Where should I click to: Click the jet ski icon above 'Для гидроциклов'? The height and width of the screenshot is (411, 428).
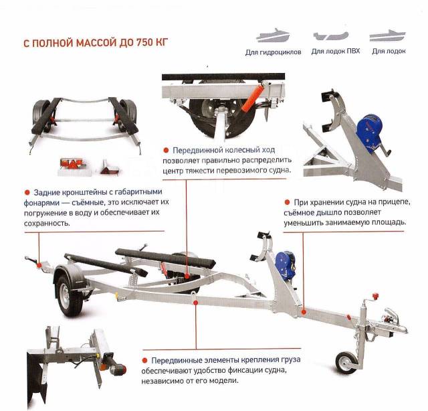273,35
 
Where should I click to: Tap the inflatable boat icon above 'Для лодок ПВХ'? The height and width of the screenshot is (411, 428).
331,35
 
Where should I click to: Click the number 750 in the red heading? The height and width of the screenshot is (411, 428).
145,43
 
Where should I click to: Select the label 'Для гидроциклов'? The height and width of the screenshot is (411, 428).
274,52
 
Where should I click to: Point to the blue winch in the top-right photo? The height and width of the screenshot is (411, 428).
369,133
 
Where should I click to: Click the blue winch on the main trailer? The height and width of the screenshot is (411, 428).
286,264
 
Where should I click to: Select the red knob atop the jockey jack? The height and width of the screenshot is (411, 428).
375,296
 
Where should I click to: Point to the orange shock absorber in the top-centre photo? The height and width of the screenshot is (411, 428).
253,98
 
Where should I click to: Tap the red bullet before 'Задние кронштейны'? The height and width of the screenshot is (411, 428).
27,192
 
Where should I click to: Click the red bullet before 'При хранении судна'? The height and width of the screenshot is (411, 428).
287,202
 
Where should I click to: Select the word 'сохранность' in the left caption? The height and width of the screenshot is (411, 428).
47,224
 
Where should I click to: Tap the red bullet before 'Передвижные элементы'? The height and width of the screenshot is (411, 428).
144,360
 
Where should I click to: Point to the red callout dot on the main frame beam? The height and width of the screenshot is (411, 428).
195,303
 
